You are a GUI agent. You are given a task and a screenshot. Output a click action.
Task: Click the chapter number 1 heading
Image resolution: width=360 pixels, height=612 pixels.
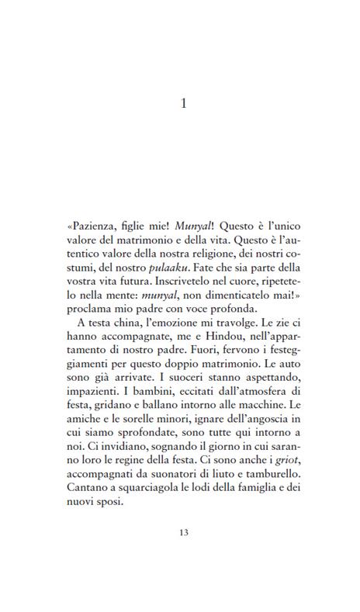coord(183,103)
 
